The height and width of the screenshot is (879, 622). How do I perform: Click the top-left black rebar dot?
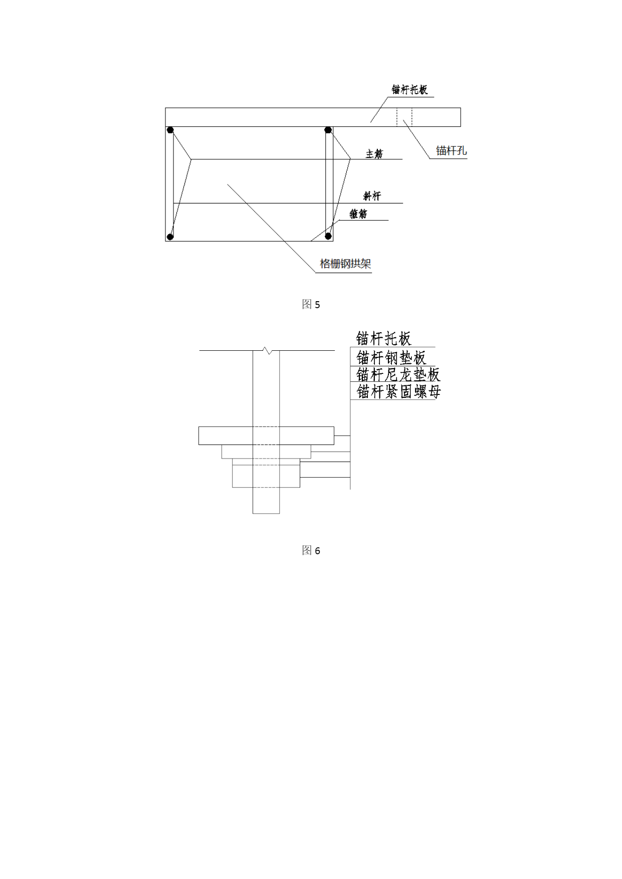pyautogui.click(x=170, y=130)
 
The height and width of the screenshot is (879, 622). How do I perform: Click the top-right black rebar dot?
pyautogui.click(x=328, y=130)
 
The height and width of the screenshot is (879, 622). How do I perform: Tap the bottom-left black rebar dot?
pyautogui.click(x=170, y=237)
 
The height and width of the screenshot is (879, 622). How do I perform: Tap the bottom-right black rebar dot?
pyautogui.click(x=328, y=236)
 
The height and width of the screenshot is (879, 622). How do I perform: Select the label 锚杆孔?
pyautogui.click(x=451, y=150)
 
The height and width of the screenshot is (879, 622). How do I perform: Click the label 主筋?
pyautogui.click(x=374, y=154)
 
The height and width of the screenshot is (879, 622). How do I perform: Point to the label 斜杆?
pyautogui.click(x=372, y=196)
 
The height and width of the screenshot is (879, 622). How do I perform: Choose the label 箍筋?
pyautogui.click(x=358, y=214)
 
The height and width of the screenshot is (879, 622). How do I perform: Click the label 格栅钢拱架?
pyautogui.click(x=345, y=264)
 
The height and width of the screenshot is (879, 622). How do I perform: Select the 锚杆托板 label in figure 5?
pyautogui.click(x=409, y=90)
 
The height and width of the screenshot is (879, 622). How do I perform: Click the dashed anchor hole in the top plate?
pyautogui.click(x=404, y=117)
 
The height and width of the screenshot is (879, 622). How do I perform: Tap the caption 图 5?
pyautogui.click(x=311, y=304)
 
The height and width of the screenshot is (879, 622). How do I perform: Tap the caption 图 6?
pyautogui.click(x=311, y=550)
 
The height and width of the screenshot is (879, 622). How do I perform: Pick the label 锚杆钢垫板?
pyautogui.click(x=391, y=357)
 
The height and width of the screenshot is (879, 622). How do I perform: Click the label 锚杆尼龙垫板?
pyautogui.click(x=398, y=374)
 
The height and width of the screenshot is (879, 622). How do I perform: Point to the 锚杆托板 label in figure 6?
pyautogui.click(x=383, y=338)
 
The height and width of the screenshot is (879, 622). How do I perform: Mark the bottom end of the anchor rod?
pyautogui.click(x=266, y=513)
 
